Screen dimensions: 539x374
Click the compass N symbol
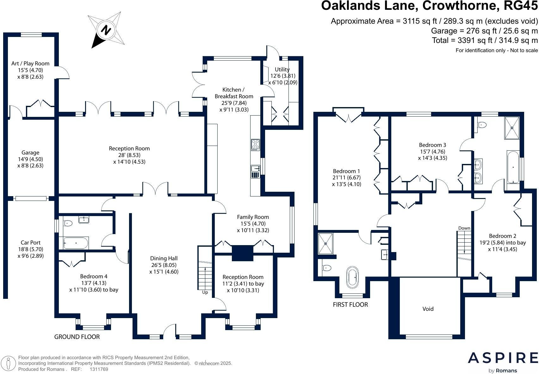click(x=106, y=30)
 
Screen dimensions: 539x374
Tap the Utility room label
click(x=282, y=69)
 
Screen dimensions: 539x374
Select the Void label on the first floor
click(x=428, y=309)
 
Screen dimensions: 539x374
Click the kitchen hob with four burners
click(x=255, y=145)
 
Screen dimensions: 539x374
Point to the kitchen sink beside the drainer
click(x=255, y=168)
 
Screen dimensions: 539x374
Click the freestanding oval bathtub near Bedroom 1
click(x=352, y=277)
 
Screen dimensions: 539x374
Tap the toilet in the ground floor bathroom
click(x=68, y=223)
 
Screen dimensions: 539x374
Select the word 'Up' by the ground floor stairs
click(x=205, y=292)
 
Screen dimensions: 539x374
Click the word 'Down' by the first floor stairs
click(x=464, y=228)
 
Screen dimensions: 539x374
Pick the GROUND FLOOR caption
click(x=77, y=337)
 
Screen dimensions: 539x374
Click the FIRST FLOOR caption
click(x=350, y=305)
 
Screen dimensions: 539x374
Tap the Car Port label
click(x=31, y=243)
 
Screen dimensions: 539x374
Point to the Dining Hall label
click(x=164, y=258)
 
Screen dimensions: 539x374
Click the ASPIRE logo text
click(x=503, y=358)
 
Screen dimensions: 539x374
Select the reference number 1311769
click(x=99, y=369)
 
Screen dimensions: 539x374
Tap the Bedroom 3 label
click(x=432, y=145)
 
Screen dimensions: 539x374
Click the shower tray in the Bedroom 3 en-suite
click(x=512, y=128)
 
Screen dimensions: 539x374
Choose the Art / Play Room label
click(x=30, y=63)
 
